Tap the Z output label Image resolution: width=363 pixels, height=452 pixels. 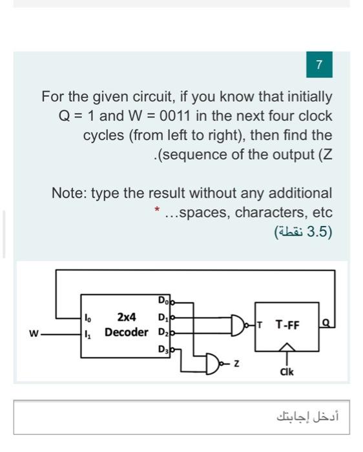(237, 366)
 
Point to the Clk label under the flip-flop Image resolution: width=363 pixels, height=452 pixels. (287, 372)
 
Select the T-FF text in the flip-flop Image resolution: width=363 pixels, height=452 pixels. (287, 325)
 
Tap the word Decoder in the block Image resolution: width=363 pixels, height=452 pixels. (126, 332)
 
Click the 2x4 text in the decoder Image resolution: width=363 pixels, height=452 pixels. (126, 317)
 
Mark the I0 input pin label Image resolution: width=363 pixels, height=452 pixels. (87, 317)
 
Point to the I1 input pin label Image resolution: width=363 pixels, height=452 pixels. (87, 333)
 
